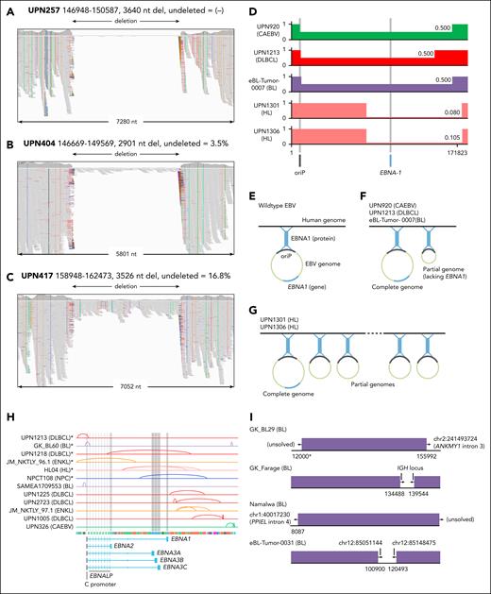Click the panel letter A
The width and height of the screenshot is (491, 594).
coord(8,8)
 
